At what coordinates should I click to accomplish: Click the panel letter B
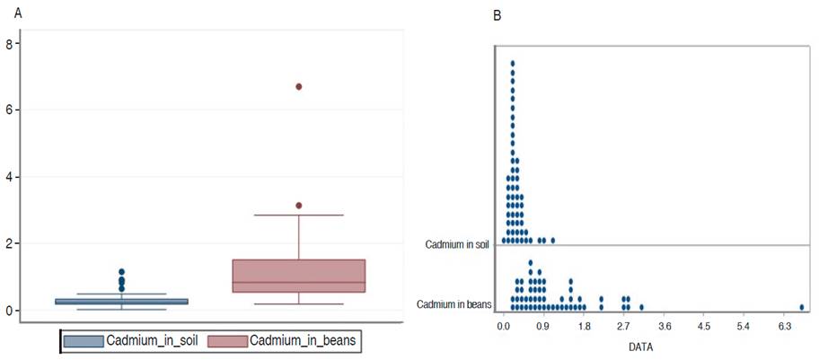[x=498, y=15]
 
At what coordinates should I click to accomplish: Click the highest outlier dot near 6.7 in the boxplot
[x=299, y=86]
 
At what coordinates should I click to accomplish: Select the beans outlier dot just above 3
[x=299, y=206]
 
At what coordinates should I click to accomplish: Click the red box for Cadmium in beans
[x=299, y=275]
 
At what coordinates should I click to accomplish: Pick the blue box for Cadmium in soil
[x=122, y=302]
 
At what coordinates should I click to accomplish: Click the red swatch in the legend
[x=228, y=342]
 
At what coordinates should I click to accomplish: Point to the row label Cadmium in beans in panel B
[x=454, y=305]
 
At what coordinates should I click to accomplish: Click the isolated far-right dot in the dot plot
[x=802, y=306]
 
